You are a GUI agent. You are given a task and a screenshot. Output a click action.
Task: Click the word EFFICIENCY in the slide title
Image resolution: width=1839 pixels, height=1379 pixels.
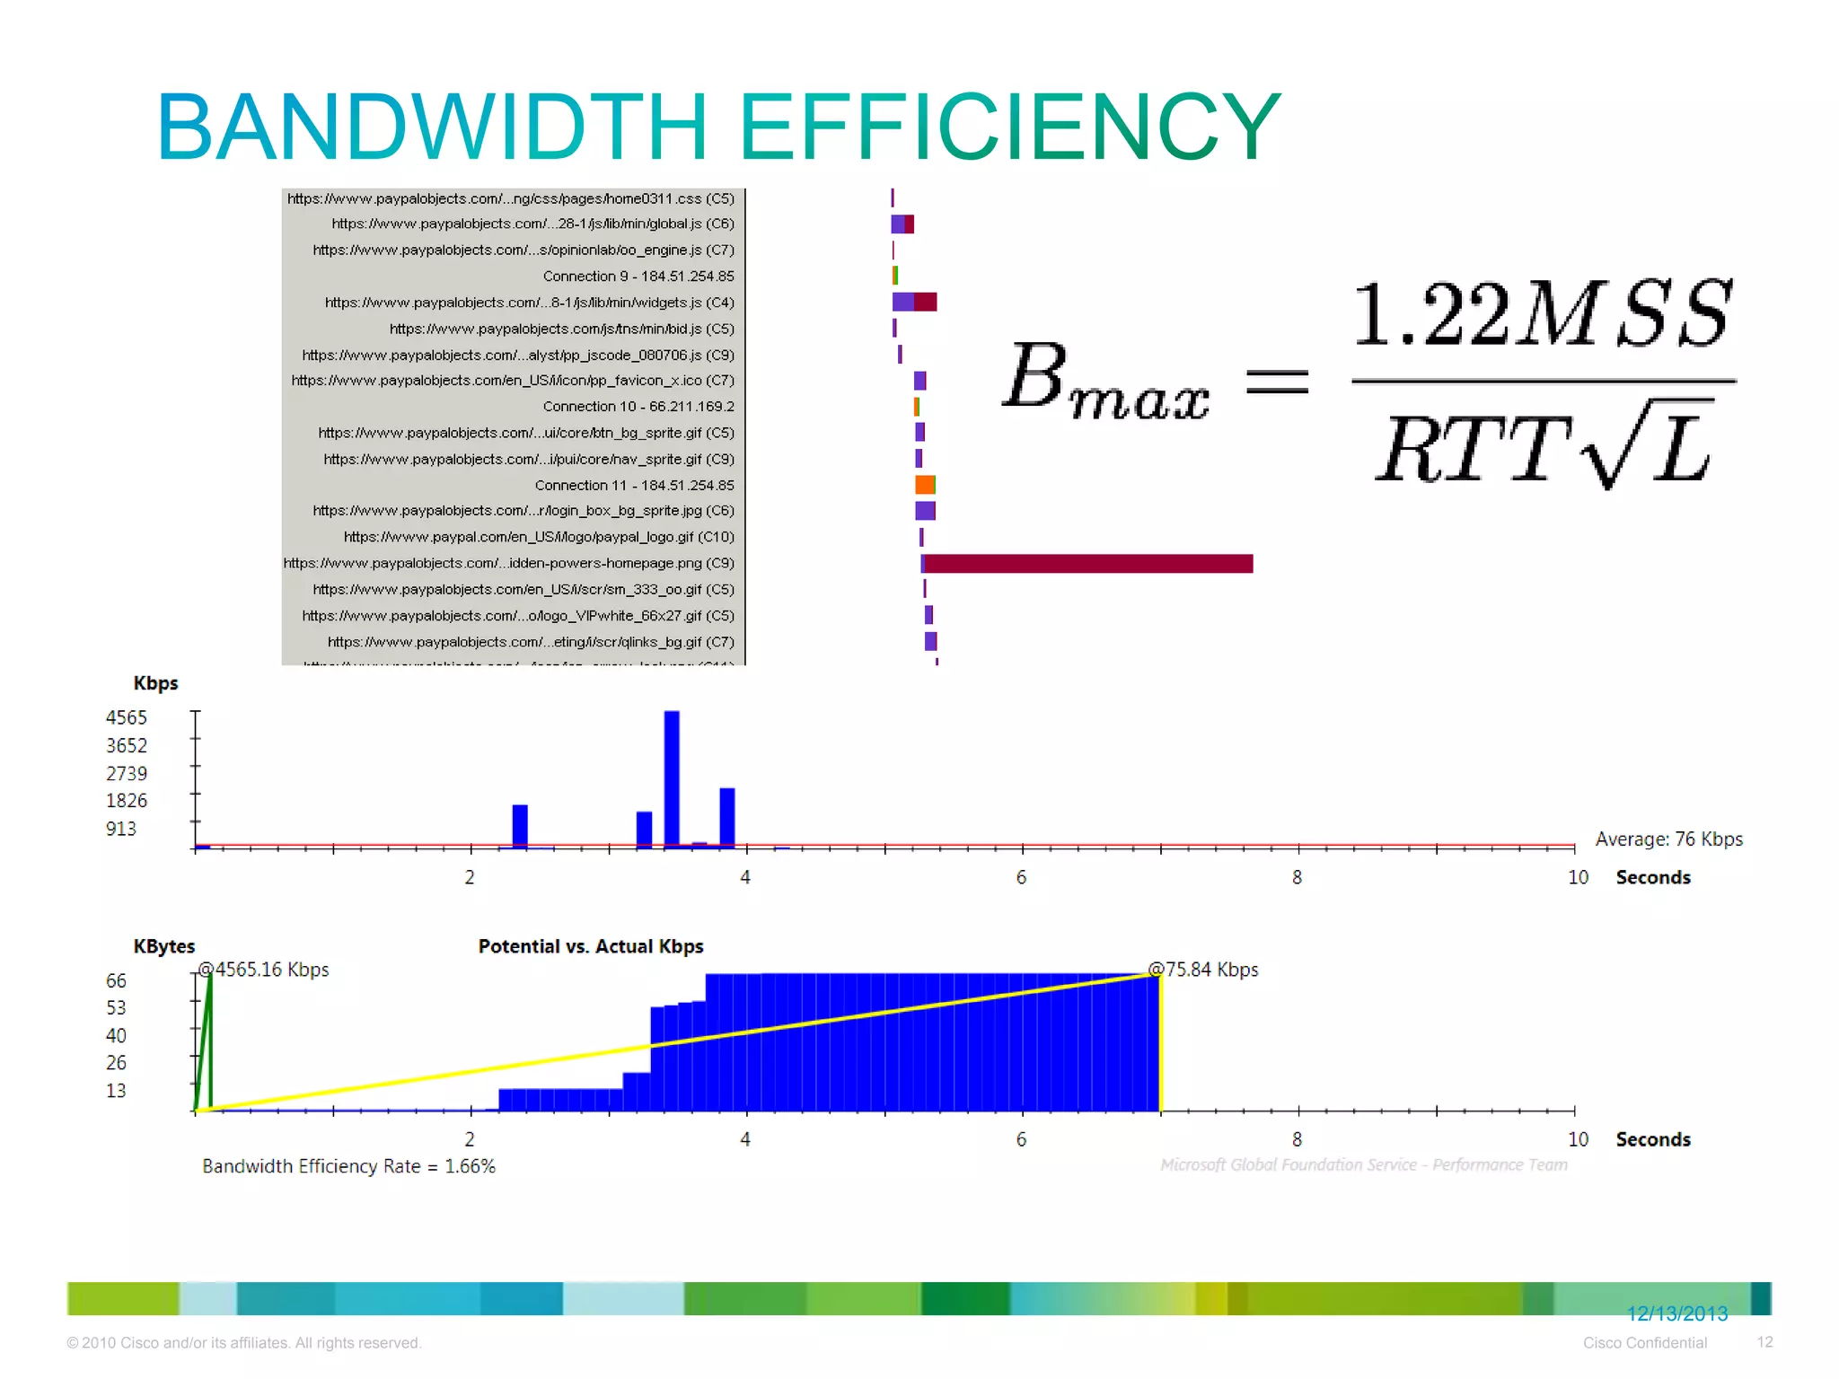1009,127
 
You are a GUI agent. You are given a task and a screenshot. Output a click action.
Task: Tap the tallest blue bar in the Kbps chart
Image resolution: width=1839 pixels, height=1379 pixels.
672,777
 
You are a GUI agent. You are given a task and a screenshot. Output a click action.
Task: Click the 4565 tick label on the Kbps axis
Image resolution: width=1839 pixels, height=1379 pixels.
127,718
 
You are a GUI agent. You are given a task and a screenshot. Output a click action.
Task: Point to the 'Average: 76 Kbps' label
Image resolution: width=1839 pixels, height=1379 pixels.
1668,839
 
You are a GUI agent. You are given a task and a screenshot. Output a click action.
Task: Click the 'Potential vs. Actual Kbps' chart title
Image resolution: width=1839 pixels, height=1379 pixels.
591,947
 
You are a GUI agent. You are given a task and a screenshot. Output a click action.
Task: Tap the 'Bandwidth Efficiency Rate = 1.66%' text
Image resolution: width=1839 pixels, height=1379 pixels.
348,1166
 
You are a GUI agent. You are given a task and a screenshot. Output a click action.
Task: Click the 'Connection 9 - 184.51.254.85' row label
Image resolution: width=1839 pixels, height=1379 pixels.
638,277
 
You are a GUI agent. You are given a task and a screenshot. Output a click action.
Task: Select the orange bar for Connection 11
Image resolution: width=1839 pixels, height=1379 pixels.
925,486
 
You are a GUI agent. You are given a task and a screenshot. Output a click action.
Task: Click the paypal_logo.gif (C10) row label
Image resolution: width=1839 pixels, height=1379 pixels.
539,537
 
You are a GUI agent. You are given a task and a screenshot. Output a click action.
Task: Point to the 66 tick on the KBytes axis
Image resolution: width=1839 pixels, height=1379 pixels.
117,981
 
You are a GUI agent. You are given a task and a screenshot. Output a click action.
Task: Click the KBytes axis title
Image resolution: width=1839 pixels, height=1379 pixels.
164,947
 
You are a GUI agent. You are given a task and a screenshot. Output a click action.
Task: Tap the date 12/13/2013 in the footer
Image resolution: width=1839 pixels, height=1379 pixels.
1677,1314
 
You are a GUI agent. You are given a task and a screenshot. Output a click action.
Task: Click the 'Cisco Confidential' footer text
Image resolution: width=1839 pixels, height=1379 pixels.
1645,1343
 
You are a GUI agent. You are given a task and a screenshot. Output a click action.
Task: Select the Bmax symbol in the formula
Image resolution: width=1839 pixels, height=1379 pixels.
1105,381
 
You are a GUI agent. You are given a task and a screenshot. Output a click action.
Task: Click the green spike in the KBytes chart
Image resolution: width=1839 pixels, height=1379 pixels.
206,1041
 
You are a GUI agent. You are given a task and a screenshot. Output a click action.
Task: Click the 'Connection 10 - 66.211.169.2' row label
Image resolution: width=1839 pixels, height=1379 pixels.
638,407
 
